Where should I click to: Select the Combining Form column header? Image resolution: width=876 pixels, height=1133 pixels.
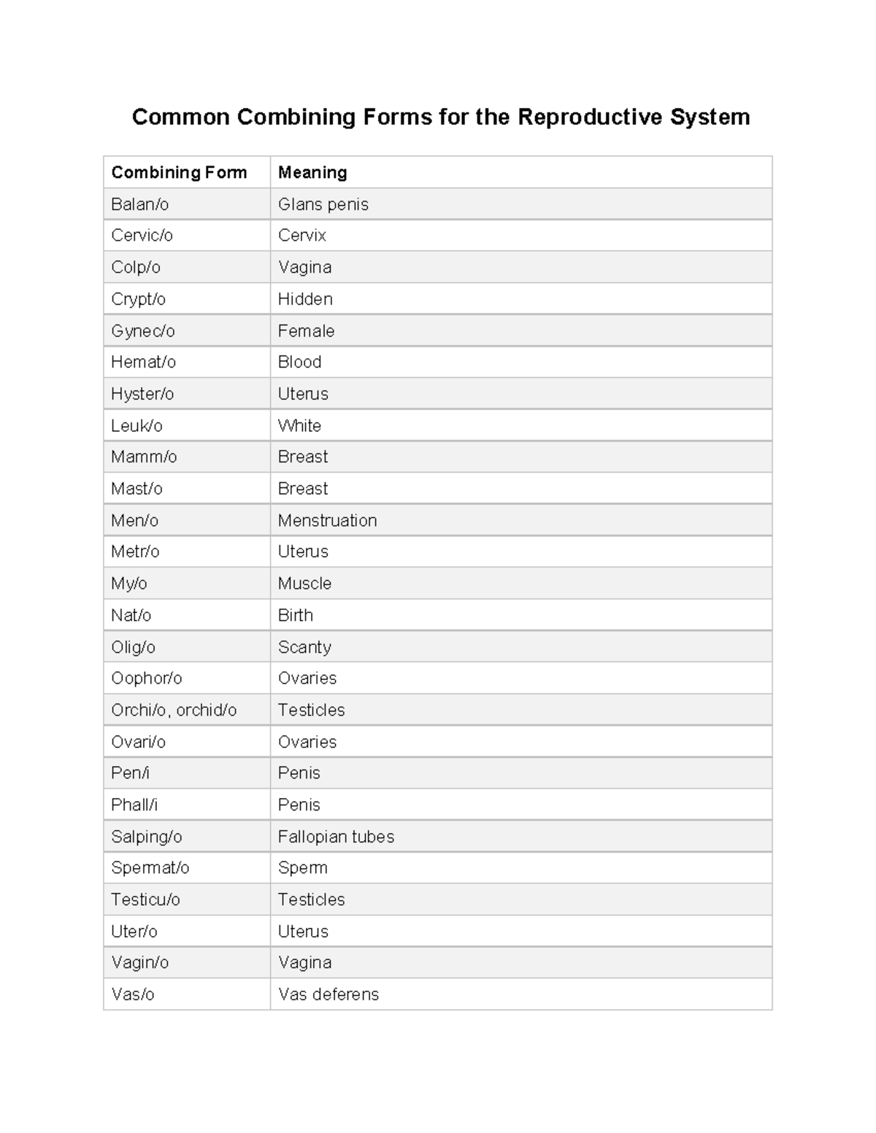(179, 173)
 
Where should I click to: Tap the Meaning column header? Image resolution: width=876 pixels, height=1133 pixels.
(312, 173)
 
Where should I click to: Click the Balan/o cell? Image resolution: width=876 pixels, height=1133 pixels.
(140, 204)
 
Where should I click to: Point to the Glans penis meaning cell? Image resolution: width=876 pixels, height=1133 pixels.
(323, 204)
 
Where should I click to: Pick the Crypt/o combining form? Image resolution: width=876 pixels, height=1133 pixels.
(139, 299)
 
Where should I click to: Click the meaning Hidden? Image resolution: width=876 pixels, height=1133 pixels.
(305, 299)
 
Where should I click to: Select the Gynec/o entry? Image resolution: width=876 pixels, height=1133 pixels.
(143, 331)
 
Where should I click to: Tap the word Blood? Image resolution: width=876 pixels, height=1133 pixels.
(299, 362)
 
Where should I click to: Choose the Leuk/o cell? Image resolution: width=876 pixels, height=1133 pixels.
(137, 425)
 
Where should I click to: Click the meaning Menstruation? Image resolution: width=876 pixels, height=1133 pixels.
(327, 520)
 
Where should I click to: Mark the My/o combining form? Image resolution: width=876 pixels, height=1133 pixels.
(129, 584)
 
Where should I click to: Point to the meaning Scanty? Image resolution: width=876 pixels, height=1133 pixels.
(304, 647)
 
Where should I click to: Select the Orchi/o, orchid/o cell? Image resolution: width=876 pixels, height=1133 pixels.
(174, 710)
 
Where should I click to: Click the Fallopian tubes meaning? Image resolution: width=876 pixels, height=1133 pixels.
(336, 837)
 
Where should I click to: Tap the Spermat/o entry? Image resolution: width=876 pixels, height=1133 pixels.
(150, 868)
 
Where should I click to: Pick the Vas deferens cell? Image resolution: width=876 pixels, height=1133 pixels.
(328, 994)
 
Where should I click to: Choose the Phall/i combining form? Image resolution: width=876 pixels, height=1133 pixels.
(134, 805)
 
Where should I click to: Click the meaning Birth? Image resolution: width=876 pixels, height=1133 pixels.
(296, 615)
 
